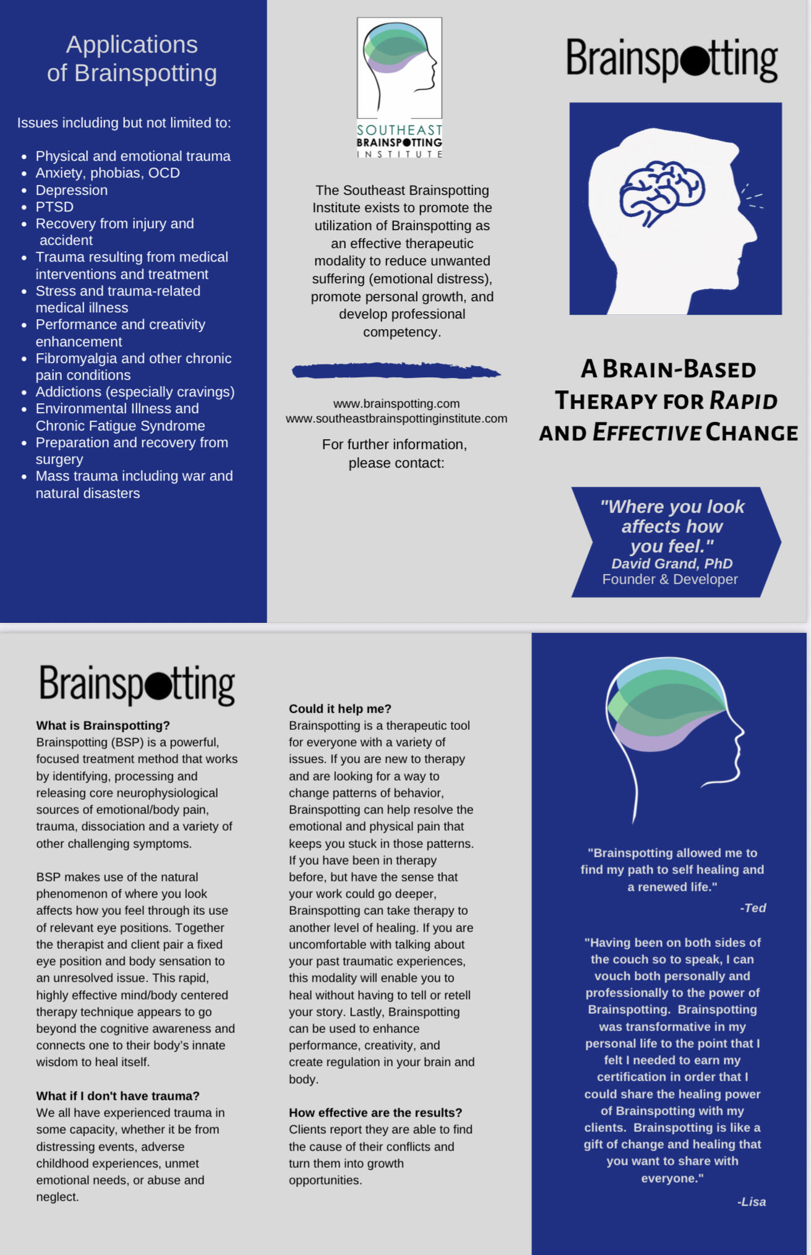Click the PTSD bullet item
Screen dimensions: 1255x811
click(54, 207)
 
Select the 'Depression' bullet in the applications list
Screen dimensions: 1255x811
click(71, 190)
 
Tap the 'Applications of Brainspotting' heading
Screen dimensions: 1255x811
click(132, 59)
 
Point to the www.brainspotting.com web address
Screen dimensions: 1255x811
click(396, 403)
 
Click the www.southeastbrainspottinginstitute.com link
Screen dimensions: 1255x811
click(396, 419)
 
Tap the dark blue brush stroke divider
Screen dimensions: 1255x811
click(396, 371)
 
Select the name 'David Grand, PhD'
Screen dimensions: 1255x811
click(672, 563)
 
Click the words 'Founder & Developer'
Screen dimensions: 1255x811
click(670, 580)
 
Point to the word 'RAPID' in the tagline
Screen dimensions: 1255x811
click(743, 401)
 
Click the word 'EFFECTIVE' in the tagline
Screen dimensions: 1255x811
click(646, 432)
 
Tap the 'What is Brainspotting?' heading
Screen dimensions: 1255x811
click(103, 725)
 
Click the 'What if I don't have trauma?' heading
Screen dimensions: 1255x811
click(118, 1096)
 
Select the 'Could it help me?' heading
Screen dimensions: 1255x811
click(340, 709)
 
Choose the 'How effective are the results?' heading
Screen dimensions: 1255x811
click(375, 1113)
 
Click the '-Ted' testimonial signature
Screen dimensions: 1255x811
click(753, 908)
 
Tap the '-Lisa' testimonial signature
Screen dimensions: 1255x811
click(752, 1202)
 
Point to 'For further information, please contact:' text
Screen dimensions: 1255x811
click(395, 453)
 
